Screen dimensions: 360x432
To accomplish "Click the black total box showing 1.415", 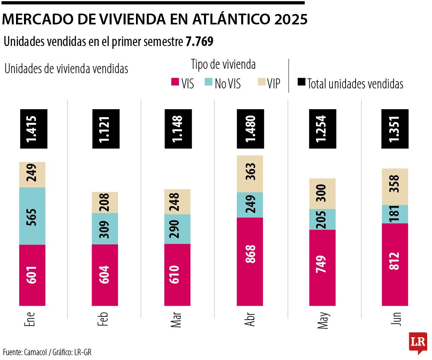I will (32, 129).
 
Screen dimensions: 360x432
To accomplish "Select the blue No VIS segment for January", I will (32, 216).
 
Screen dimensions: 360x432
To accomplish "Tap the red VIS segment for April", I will (250, 262).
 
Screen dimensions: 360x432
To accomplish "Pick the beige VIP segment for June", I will (395, 186).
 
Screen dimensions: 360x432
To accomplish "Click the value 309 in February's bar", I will (105, 229).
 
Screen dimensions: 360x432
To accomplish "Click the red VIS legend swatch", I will (175, 82).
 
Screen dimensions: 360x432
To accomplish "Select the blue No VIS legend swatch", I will (208, 82).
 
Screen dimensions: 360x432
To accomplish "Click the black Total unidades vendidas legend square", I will (301, 82).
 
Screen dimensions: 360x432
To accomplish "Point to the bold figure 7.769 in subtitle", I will (199, 42).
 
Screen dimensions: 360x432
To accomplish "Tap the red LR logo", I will (418, 342).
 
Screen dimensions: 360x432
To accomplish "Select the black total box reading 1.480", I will (250, 129).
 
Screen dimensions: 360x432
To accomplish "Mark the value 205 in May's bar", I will (322, 219).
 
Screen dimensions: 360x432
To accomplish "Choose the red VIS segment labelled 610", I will (177, 275).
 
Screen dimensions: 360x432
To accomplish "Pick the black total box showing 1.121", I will (105, 129).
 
